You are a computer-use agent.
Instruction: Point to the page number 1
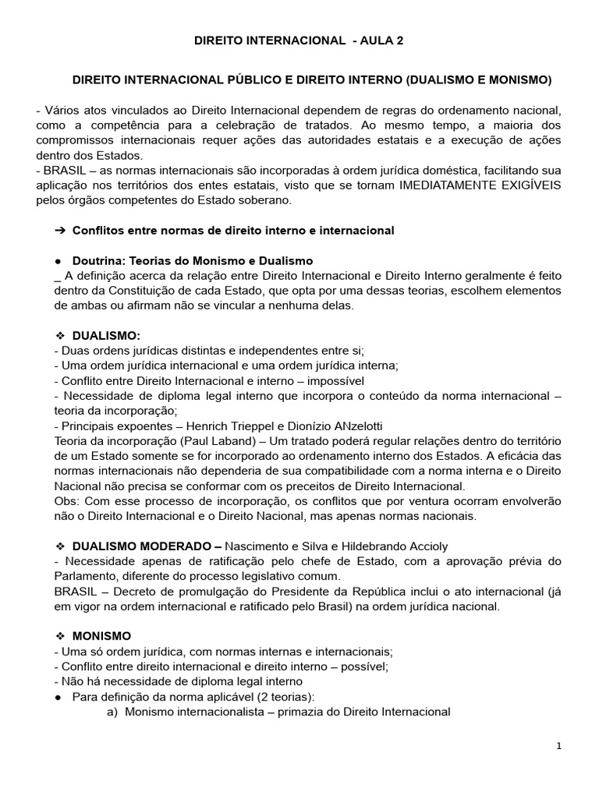click(558, 746)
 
